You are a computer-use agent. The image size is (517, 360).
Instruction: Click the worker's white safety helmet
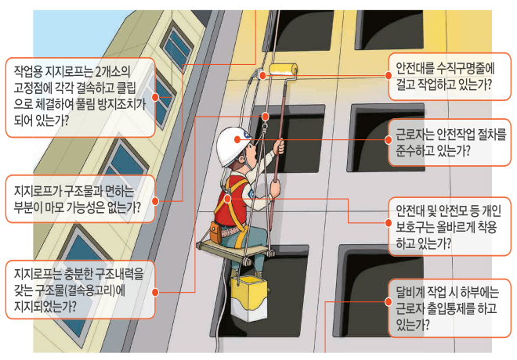pos(233,145)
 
